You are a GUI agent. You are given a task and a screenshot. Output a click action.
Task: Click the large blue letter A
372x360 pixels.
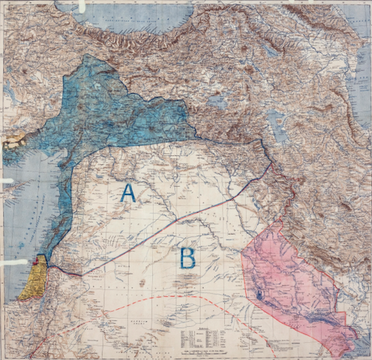(x=128, y=193)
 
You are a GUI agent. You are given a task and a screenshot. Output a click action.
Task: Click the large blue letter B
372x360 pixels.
(x=187, y=258)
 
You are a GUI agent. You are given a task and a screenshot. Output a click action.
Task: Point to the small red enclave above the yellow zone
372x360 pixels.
(x=40, y=260)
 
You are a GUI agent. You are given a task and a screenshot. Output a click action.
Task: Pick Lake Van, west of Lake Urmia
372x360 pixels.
(x=218, y=101)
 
